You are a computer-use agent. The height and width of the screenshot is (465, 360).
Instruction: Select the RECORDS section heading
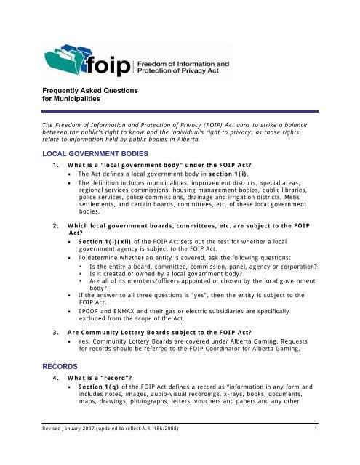39,358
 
